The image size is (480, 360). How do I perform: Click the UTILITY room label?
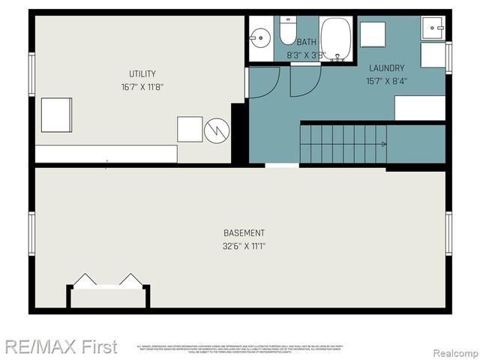142,73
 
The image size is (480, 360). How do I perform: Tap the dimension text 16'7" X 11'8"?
142,86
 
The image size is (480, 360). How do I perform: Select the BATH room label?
306,43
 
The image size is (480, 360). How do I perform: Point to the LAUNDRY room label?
386,68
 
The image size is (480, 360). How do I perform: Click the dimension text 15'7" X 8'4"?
386,81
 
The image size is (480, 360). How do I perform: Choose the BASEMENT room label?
244,233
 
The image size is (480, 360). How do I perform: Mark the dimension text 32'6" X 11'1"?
244,246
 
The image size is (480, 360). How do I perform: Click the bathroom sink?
261,36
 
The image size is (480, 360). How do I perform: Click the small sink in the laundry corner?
433,28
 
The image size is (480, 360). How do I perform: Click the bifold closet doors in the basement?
108,282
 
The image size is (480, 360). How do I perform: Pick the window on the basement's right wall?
448,232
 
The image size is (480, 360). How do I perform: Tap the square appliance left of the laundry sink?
373,34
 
